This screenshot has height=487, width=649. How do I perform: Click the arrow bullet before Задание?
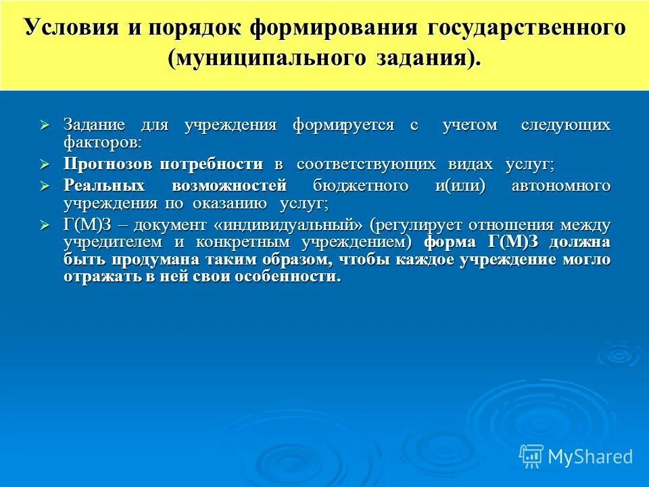click(x=45, y=126)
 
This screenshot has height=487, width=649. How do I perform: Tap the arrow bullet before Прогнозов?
click(x=45, y=164)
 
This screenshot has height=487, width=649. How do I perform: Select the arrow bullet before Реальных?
click(x=45, y=186)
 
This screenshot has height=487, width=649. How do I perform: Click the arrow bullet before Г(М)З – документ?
click(x=45, y=225)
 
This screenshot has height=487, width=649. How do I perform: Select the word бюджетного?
click(x=360, y=186)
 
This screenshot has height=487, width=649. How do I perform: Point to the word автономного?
click(x=561, y=186)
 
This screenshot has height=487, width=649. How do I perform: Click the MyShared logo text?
click(x=590, y=457)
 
